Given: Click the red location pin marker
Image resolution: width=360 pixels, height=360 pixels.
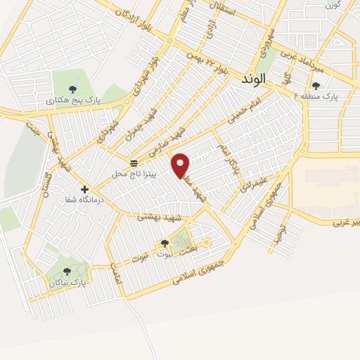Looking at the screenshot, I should (x=182, y=165).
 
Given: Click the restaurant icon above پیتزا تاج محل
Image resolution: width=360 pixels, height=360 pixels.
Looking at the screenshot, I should (x=134, y=162).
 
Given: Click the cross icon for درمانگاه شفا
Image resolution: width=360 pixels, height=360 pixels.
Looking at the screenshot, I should (x=85, y=189).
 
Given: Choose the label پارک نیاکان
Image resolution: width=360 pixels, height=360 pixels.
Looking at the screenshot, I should (x=67, y=282).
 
